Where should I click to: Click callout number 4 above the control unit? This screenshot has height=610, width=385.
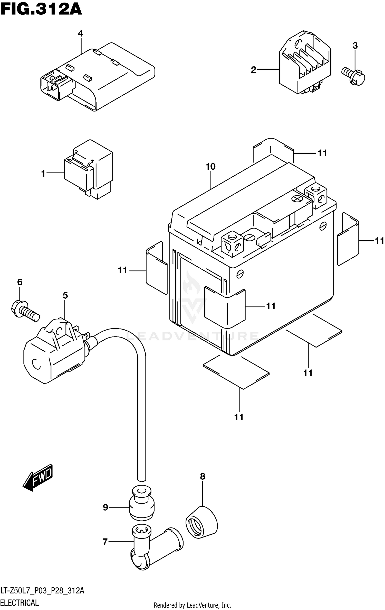click(x=81, y=33)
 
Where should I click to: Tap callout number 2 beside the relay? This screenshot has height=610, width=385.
click(x=254, y=70)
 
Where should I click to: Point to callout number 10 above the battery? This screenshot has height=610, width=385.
click(x=210, y=167)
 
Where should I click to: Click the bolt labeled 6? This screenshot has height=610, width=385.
click(x=25, y=311)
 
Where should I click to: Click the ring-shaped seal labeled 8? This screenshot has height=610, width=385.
click(x=201, y=522)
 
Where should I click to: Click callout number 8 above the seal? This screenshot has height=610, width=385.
click(x=203, y=476)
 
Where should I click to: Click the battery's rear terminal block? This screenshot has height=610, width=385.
click(x=316, y=195)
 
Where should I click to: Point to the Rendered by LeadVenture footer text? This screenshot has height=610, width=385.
click(x=192, y=606)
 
